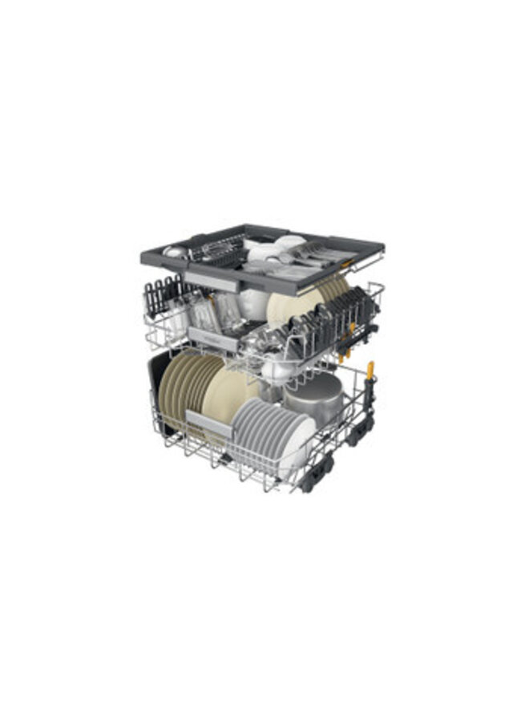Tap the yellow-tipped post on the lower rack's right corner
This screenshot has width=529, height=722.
coord(370,371)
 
